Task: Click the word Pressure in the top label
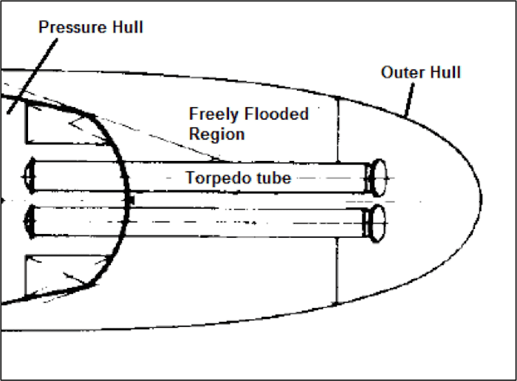click(67, 27)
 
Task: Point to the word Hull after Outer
click(446, 72)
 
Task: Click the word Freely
click(212, 114)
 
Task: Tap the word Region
click(216, 134)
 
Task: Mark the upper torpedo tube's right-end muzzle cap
click(379, 177)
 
